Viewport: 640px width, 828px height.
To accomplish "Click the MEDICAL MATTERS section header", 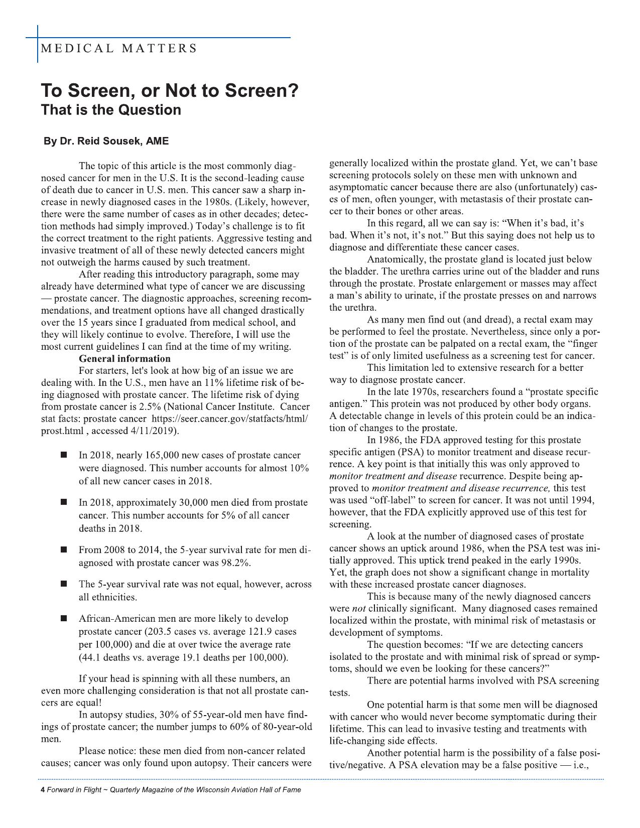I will click(x=118, y=49).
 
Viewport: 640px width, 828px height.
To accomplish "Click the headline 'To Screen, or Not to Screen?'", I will click(x=170, y=91).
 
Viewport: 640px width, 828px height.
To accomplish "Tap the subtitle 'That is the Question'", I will click(x=111, y=110).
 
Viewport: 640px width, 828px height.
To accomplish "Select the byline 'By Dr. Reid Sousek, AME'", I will click(x=106, y=142).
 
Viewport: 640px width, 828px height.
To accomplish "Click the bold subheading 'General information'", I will click(x=124, y=359).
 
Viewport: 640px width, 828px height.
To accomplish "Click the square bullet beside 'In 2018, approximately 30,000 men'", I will click(x=64, y=502).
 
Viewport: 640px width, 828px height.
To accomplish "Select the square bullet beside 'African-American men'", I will click(x=64, y=619).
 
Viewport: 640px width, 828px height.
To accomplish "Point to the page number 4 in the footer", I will click(x=43, y=790).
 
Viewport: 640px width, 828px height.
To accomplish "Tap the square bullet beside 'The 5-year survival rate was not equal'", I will click(x=64, y=584).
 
